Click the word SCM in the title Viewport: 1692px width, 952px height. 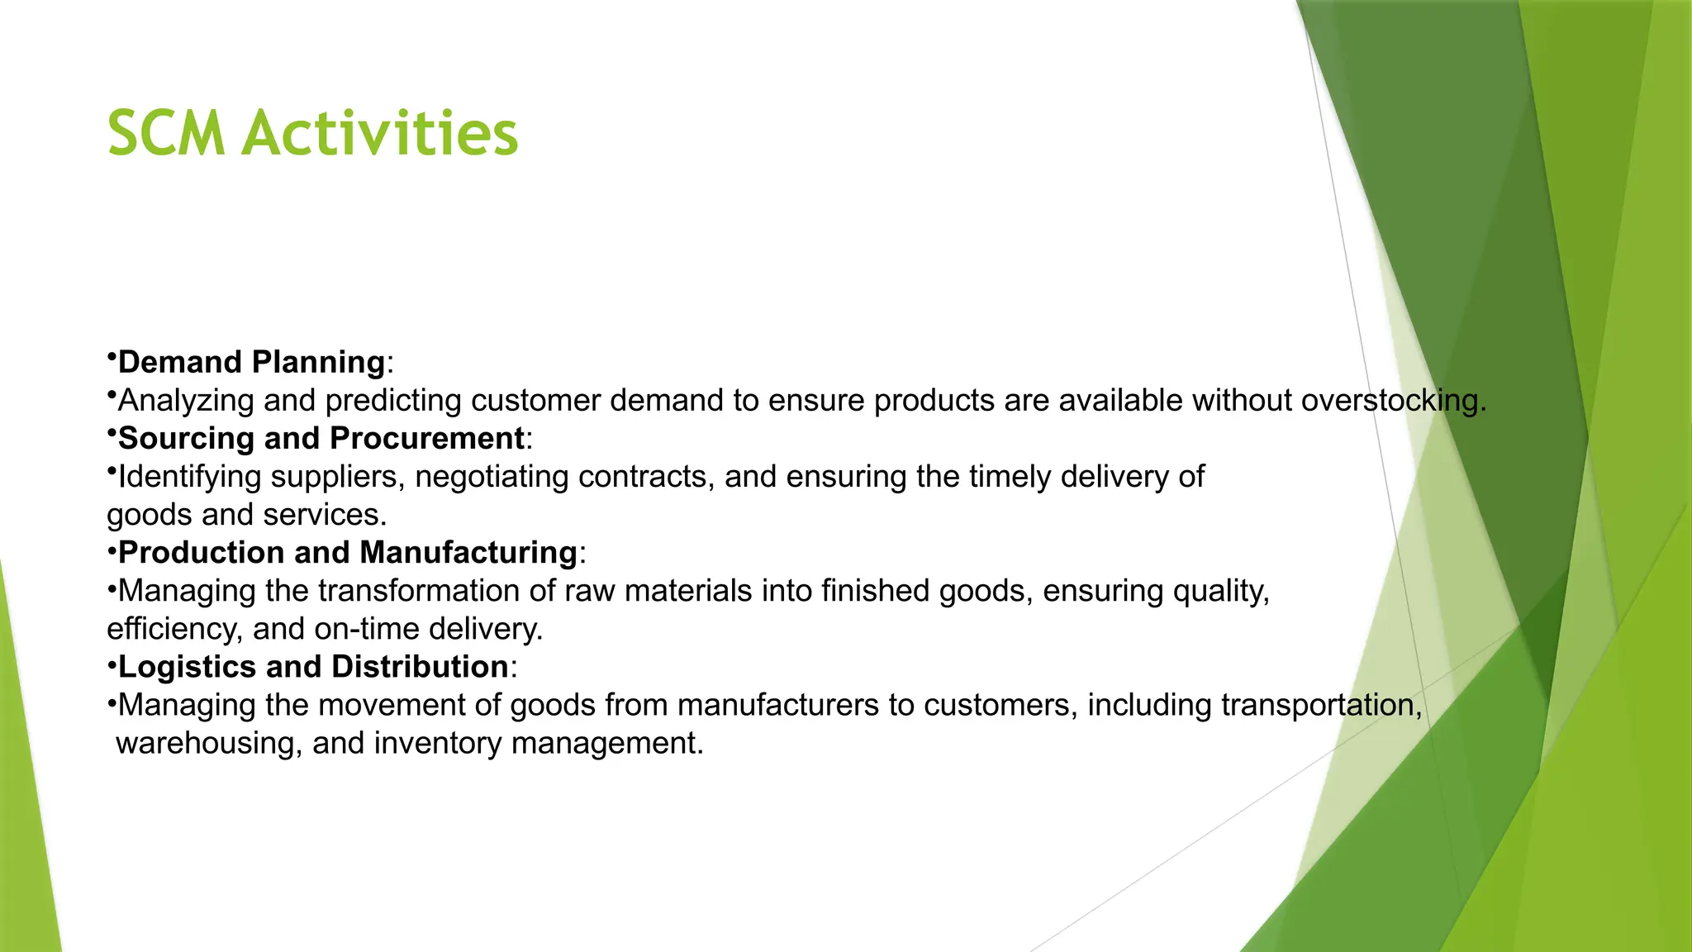pyautogui.click(x=166, y=133)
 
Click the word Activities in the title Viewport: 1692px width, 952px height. pyautogui.click(x=379, y=133)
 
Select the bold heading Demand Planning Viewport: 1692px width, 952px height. pyautogui.click(x=251, y=362)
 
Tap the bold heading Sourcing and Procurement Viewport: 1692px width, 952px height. pyautogui.click(x=321, y=438)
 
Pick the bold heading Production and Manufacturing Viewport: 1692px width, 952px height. pyautogui.click(x=348, y=552)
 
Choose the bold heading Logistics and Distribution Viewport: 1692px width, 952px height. pyautogui.click(x=313, y=666)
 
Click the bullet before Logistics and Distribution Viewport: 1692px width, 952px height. pyautogui.click(x=111, y=666)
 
